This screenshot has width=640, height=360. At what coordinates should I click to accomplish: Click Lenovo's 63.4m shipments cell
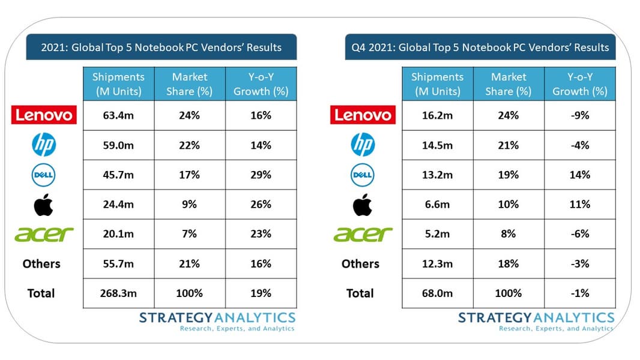pos(119,116)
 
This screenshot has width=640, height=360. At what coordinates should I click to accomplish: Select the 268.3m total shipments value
pos(119,293)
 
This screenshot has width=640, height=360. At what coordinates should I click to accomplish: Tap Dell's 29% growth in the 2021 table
pos(261,175)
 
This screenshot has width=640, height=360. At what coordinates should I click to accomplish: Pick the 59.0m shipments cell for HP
pos(119,145)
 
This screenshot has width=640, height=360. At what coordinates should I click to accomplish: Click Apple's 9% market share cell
pos(190,205)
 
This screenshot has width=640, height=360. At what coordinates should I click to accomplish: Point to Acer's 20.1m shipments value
pos(119,234)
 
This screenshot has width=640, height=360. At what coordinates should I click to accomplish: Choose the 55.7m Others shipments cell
pos(119,264)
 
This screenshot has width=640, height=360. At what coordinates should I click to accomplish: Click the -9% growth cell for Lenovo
pos(579,116)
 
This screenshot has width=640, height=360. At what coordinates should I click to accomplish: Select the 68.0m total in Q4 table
pos(437,293)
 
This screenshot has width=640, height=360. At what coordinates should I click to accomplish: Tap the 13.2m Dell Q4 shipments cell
pos(437,175)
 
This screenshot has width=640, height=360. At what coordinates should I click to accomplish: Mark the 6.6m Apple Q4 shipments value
pos(437,205)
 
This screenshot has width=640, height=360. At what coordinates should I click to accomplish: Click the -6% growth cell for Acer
pos(579,234)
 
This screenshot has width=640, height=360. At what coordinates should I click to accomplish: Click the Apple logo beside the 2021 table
pos(43,205)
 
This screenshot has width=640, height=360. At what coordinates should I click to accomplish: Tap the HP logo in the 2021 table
pos(43,145)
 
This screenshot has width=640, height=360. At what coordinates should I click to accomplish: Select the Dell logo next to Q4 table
pos(362,175)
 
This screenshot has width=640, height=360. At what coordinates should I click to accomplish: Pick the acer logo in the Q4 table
pos(363,235)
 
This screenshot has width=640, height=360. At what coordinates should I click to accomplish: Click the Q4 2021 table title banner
pos(480,47)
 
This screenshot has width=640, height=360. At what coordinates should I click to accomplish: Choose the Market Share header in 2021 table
pos(190,84)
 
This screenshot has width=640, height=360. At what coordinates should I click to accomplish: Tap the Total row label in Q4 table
pos(360,293)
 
